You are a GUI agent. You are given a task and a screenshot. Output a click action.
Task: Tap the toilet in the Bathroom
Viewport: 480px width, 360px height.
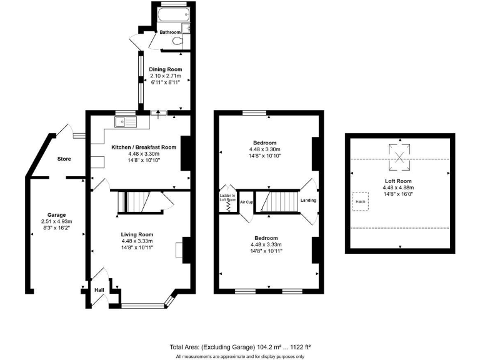click(179, 41)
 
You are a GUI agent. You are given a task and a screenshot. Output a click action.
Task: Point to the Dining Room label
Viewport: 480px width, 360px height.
click(165, 69)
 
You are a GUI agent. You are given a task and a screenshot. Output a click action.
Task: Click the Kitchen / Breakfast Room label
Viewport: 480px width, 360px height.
click(144, 147)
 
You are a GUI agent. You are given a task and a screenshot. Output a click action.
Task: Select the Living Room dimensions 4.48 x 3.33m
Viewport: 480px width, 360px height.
click(137, 241)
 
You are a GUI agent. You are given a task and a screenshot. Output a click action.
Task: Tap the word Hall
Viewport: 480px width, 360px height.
click(99, 290)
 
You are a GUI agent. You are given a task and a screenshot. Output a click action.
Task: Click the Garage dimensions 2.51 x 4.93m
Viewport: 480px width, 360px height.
click(57, 222)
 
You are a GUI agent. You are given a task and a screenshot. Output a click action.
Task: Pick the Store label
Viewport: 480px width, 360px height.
click(64, 159)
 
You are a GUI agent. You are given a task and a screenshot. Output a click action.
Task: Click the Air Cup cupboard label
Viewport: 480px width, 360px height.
click(246, 202)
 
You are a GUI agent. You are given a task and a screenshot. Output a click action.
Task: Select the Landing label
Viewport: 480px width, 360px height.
click(308, 201)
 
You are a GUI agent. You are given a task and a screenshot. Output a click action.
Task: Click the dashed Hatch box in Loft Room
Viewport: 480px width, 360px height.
click(360, 201)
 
